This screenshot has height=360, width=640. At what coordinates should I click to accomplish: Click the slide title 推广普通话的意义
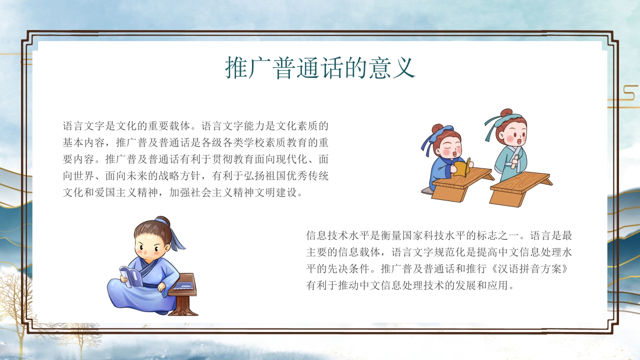(320, 68)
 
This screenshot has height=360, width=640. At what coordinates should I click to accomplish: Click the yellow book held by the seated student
(461, 166)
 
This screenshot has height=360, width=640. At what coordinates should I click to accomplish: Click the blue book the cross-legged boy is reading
(131, 276)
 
